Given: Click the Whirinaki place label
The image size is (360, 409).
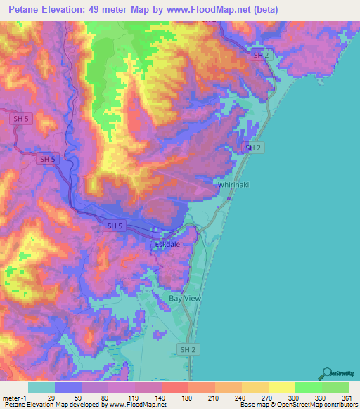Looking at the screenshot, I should pyautogui.click(x=234, y=184).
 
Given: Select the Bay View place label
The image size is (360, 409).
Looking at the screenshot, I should pyautogui.click(x=185, y=299).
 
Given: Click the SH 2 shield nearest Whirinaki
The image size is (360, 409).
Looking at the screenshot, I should pyautogui.click(x=253, y=148).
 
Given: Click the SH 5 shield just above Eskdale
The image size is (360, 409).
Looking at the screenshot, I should pyautogui.click(x=114, y=226).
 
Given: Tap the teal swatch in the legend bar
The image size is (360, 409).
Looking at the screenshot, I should pyautogui.click(x=41, y=387).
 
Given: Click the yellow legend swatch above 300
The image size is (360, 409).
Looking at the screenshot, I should pyautogui.click(x=281, y=387).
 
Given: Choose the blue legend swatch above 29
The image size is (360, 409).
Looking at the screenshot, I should pyautogui.click(x=68, y=387).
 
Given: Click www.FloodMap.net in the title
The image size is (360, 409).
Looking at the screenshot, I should pyautogui.click(x=212, y=10).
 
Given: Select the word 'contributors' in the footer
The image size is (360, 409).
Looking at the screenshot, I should pyautogui.click(x=334, y=405).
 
